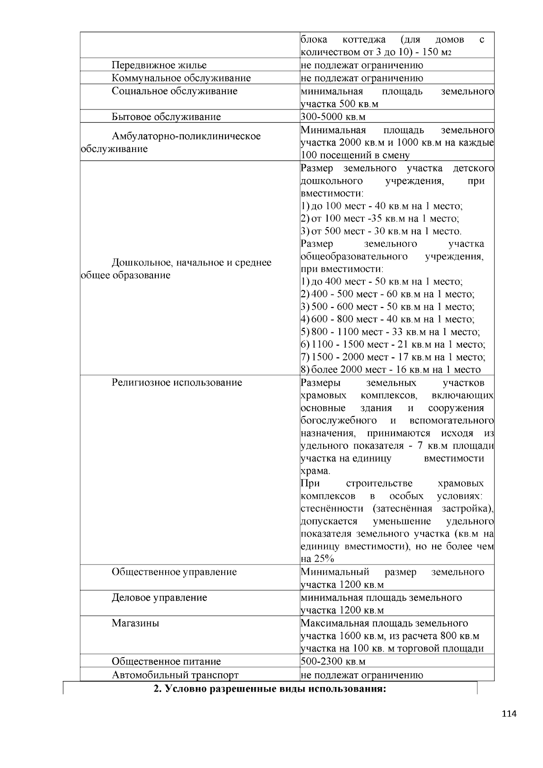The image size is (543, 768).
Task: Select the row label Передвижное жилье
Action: [x=159, y=65]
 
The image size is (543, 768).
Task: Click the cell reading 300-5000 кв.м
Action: [x=333, y=117]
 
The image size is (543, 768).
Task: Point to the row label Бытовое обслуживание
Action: [x=166, y=117]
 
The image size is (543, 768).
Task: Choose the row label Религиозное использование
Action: [x=176, y=383]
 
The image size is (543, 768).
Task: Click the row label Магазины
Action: [x=135, y=623]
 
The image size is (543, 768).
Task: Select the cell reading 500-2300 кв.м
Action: [x=333, y=661]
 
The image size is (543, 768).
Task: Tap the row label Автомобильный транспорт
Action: [x=175, y=675]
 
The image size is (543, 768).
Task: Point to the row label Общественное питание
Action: [x=166, y=661]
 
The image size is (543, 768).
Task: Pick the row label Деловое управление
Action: [x=159, y=597]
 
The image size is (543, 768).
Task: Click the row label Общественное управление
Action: [x=174, y=572]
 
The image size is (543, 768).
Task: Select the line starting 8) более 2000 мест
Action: [x=391, y=370]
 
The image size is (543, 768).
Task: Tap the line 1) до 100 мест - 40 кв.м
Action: [x=381, y=206]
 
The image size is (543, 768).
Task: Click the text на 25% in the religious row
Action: [x=317, y=559]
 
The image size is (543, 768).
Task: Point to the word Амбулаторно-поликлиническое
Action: [x=186, y=136]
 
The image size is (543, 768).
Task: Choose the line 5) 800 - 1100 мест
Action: [x=390, y=332]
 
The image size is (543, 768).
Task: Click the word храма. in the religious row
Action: [x=315, y=471]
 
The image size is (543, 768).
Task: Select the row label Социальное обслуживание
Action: [x=174, y=91]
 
